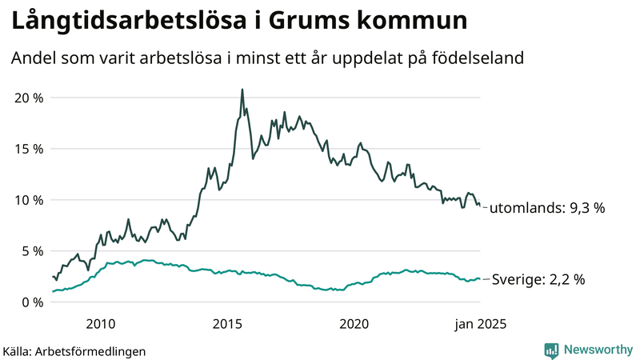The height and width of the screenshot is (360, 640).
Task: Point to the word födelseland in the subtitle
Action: [x=483, y=58]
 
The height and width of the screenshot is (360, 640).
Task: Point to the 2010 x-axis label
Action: [x=100, y=324]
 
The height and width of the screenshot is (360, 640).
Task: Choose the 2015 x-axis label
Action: [x=227, y=324]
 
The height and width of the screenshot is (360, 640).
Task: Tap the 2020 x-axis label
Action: [x=354, y=324]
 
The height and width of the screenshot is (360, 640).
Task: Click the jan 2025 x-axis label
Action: [x=480, y=324]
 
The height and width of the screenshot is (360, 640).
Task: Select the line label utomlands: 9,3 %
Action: [x=546, y=208]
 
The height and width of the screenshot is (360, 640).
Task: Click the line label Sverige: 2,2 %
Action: [x=538, y=280]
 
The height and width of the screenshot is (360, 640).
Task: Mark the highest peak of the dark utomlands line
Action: [x=242, y=90]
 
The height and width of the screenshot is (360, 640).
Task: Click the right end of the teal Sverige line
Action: [x=480, y=279]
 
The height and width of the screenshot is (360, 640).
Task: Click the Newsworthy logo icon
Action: [x=551, y=350]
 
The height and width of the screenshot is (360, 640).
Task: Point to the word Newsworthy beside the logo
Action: [x=596, y=350]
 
